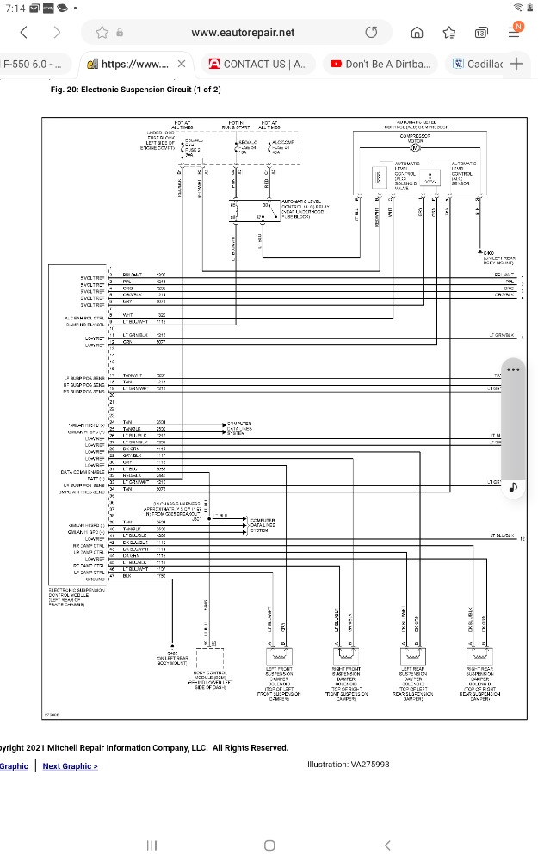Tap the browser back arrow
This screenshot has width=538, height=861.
23,33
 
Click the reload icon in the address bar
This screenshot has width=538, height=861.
371,33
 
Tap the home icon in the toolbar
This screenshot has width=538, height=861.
417,33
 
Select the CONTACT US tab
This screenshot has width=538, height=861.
257,64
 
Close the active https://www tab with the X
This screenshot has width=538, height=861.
182,64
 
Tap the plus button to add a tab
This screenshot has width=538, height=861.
516,64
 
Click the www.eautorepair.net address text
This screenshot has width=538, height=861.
243,33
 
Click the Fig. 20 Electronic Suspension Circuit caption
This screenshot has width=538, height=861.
136,90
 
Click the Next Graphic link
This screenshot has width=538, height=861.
70,766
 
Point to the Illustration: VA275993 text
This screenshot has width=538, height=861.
349,765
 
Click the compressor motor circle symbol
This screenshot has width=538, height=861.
414,147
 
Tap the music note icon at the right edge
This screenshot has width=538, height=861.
514,486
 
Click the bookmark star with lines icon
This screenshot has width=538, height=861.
448,33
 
